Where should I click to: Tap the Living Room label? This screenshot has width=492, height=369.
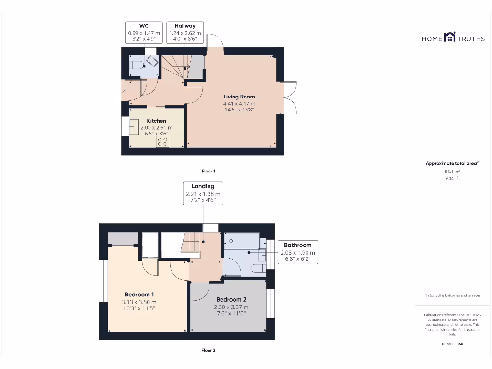tap(239, 97)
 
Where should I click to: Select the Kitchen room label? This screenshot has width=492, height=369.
tap(156, 121)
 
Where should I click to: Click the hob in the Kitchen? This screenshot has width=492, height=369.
tap(162, 141)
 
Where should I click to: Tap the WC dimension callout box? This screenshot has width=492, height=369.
tap(144, 33)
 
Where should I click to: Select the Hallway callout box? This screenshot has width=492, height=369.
tap(185, 33)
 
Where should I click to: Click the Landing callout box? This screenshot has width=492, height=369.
tap(203, 193)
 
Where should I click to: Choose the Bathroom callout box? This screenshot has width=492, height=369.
tap(297, 252)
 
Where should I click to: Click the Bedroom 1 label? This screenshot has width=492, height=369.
tap(139, 295)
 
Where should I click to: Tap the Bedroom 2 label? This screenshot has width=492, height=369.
tap(231, 299)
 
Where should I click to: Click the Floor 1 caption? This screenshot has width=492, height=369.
tap(208, 171)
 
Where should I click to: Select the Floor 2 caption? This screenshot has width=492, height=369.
tap(208, 350)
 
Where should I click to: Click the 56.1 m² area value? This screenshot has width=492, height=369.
tap(452, 171)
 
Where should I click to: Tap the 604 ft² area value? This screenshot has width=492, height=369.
tap(452, 178)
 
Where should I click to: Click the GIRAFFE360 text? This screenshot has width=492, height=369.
tap(452, 344)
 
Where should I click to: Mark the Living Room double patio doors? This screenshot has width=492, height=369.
tap(289, 98)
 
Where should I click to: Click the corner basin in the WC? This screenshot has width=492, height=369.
tap(152, 61)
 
